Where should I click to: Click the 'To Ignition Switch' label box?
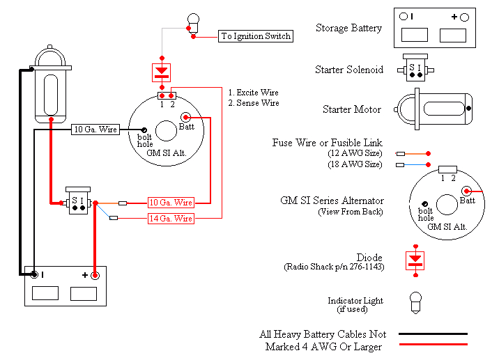[256, 36]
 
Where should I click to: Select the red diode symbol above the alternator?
[162, 71]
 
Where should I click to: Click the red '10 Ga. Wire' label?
[171, 203]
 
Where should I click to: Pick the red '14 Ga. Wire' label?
[171, 219]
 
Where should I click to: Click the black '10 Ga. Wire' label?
[95, 130]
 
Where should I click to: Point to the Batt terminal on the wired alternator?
[186, 117]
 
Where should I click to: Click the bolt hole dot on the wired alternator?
[144, 130]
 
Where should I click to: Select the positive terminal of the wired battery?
[95, 276]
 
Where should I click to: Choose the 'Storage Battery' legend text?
[348, 29]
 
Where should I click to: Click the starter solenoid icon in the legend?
[415, 68]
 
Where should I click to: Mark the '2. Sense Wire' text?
[254, 103]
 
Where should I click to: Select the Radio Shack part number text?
[334, 267]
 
